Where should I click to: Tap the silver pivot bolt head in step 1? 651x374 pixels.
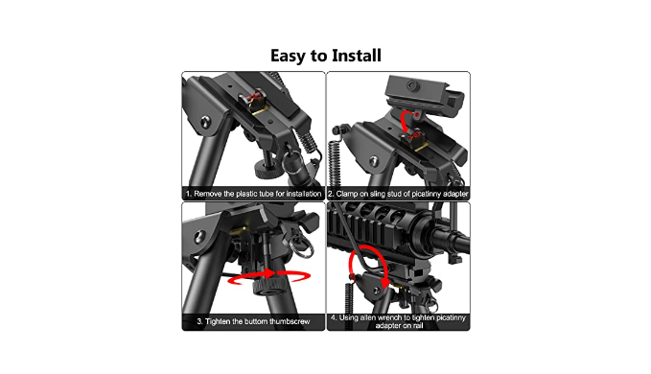[205, 123]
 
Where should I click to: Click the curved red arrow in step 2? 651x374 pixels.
[407, 122]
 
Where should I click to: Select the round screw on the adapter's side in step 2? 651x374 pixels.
[412, 86]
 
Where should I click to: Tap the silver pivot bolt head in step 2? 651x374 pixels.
[374, 161]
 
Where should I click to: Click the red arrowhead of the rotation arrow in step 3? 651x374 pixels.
[269, 273]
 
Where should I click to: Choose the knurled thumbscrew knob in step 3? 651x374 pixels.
[267, 287]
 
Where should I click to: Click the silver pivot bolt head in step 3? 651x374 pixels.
[199, 237]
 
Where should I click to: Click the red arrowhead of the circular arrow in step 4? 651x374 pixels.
[384, 285]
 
